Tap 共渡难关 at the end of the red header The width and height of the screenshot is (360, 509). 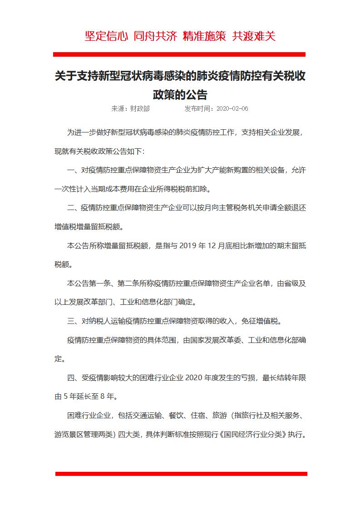254,36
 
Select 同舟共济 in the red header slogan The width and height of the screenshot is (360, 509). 155,36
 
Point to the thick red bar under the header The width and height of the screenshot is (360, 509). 179,54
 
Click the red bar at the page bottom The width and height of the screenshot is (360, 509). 181,474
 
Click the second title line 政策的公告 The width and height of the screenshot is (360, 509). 180,94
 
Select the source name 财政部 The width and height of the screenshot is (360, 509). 140,109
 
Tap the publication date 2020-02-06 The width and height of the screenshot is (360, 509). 232,109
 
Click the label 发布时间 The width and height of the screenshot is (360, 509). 198,109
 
